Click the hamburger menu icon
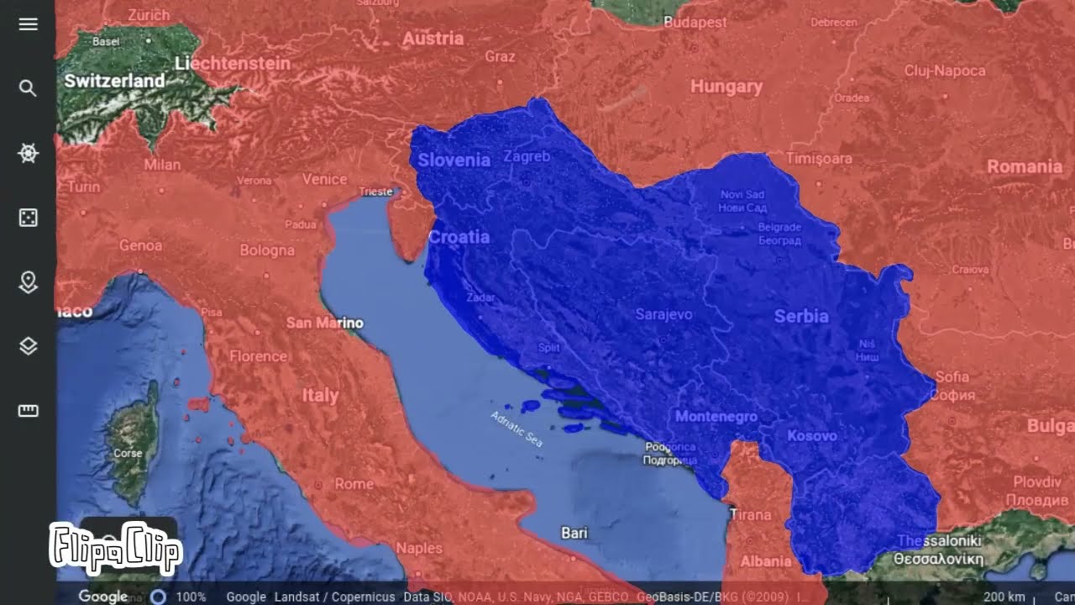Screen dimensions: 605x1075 [28, 24]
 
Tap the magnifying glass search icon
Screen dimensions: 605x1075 [28, 88]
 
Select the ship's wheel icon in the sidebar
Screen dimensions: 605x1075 [28, 153]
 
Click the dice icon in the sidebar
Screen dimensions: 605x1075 [28, 218]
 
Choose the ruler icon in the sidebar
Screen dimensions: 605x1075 [28, 411]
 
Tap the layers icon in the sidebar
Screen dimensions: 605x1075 [28, 346]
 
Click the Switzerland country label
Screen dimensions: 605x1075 [114, 82]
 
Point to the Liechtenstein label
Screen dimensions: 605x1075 [233, 63]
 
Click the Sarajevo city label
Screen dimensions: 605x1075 [663, 314]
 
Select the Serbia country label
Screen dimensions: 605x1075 [801, 316]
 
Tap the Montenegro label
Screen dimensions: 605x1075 [716, 416]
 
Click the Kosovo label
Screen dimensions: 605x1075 [811, 435]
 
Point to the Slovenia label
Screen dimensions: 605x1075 [454, 160]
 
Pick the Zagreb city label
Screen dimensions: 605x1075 [527, 156]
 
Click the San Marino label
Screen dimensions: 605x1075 [325, 323]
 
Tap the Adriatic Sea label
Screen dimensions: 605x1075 [517, 427]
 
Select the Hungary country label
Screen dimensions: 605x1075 [726, 87]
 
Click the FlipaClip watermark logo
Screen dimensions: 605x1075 [115, 548]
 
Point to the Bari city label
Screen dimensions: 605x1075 [574, 533]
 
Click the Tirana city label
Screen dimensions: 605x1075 [750, 514]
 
